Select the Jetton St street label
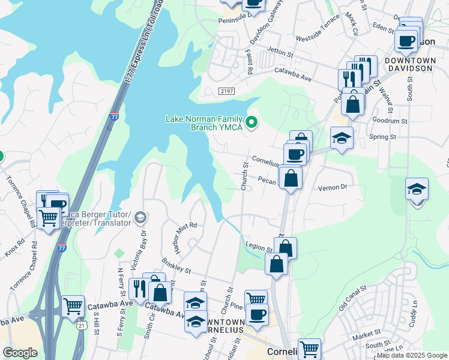pos(280,53)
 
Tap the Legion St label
pos(259,245)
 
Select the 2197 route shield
pos(226,90)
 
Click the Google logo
pos(20,353)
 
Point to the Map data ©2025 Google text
pos(412,355)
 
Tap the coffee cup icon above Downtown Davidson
pos(406,41)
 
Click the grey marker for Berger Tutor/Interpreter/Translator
pos(140,217)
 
